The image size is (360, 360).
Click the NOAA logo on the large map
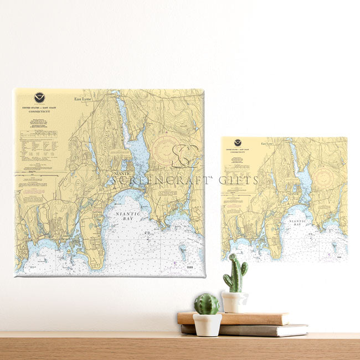tap(39, 97)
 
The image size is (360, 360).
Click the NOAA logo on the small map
tap(238, 143)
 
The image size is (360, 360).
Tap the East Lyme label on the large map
tap(83, 99)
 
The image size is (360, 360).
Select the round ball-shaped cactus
tap(207, 304)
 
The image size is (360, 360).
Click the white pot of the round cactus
tap(207, 325)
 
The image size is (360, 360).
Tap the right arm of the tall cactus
tap(244, 269)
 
